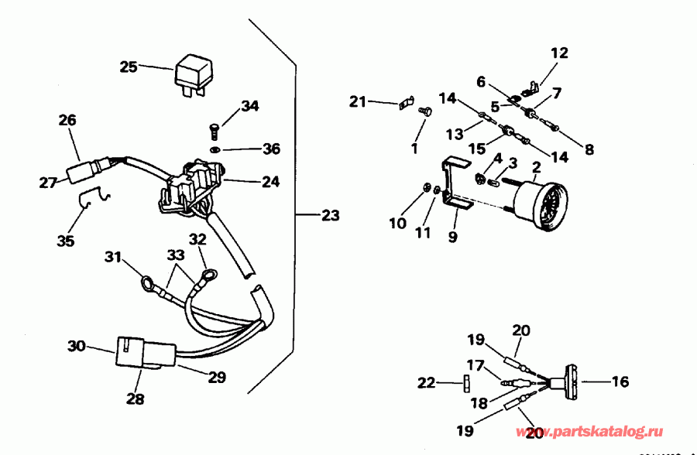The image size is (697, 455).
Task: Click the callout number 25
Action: [x=129, y=67]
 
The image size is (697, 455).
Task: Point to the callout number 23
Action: [x=330, y=216]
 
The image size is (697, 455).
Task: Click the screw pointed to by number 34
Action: [x=215, y=125]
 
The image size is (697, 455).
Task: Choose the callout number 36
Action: [x=270, y=148]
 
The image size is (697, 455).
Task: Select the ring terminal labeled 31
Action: [x=147, y=283]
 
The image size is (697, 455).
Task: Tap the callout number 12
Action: [x=559, y=53]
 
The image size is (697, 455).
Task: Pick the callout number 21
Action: [x=357, y=101]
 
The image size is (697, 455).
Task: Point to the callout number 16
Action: [x=620, y=381]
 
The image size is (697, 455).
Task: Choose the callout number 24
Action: [x=270, y=182]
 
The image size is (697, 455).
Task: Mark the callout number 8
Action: [x=589, y=149]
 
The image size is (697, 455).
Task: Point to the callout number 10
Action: [x=397, y=223]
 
